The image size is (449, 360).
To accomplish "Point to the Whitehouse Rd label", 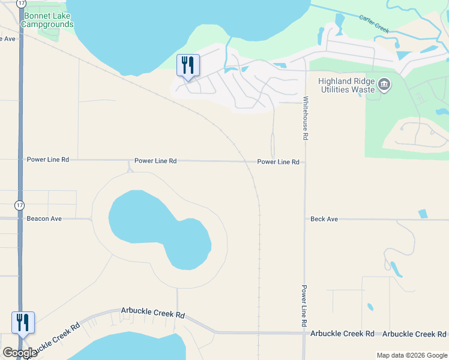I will click(306, 118).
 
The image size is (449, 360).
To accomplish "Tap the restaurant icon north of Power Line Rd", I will click(188, 65).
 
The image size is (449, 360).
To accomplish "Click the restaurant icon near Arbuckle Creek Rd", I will click(23, 323).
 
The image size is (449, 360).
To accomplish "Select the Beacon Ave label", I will click(44, 219).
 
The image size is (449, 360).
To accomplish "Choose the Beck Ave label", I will click(324, 219).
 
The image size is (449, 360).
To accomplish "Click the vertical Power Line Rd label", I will click(305, 305).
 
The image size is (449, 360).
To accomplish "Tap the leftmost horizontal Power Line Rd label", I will click(48, 160).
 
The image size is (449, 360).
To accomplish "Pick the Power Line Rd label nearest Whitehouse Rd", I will click(278, 162).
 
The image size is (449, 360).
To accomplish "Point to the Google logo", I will click(20, 353).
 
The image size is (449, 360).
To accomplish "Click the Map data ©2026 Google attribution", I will click(411, 355).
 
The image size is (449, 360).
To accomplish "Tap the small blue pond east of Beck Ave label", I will click(423, 214).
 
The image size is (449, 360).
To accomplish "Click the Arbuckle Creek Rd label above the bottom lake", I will click(152, 313).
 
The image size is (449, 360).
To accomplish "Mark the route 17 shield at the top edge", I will click(22, 3).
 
